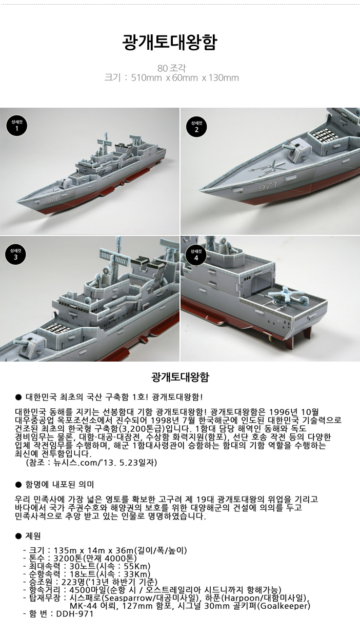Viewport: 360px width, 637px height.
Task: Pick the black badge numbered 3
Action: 16,254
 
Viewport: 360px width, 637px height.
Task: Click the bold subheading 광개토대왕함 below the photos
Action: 179,377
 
